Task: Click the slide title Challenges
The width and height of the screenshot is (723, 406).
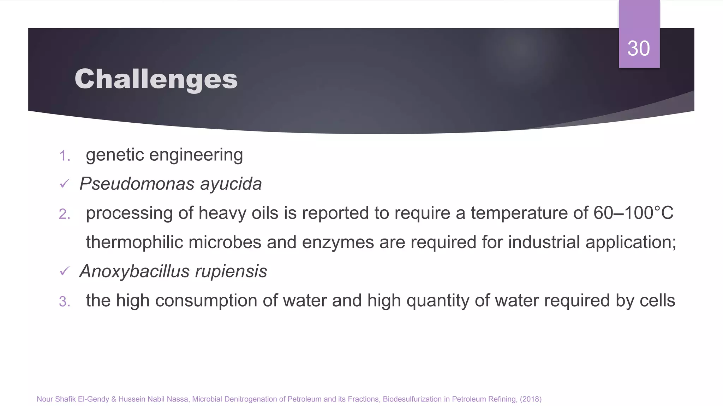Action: pos(156,79)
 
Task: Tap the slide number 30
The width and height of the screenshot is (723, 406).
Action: pos(639,48)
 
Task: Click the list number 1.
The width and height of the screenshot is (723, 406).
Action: pos(64,156)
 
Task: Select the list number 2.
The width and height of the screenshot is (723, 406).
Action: pos(64,214)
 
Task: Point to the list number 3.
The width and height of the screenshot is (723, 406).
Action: pos(64,302)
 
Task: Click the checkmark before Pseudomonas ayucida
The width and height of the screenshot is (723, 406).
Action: pos(64,184)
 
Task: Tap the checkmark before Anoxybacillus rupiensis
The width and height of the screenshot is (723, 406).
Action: pos(64,271)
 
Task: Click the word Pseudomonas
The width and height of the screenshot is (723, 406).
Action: pos(137,184)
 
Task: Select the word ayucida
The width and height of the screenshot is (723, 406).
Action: pos(231,184)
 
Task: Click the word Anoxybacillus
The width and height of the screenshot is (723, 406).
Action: pos(135,271)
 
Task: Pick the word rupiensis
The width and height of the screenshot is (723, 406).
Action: pos(231,271)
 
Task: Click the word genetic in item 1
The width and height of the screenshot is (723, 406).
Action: pos(115,155)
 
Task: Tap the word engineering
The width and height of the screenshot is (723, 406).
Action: pos(196,155)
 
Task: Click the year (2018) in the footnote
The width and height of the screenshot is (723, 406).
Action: pos(531,399)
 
